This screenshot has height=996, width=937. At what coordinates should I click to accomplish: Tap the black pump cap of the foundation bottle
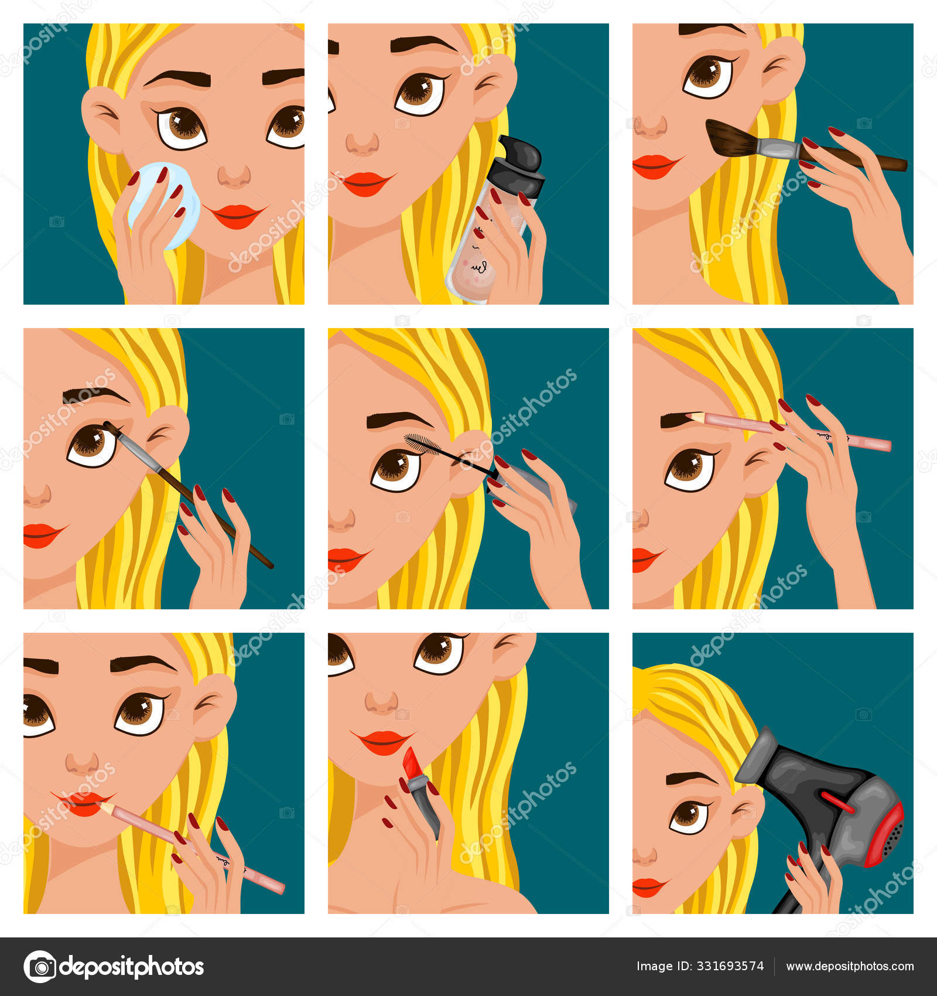click(x=517, y=166)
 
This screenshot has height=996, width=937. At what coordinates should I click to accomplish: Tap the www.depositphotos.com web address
click(x=850, y=967)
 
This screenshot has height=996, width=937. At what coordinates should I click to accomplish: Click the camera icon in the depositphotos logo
click(x=40, y=966)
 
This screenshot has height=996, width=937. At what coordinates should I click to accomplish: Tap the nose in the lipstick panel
click(x=381, y=701)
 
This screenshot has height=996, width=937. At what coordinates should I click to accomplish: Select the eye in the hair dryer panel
click(x=689, y=817)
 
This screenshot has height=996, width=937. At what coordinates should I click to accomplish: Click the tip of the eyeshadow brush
click(x=108, y=426)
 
